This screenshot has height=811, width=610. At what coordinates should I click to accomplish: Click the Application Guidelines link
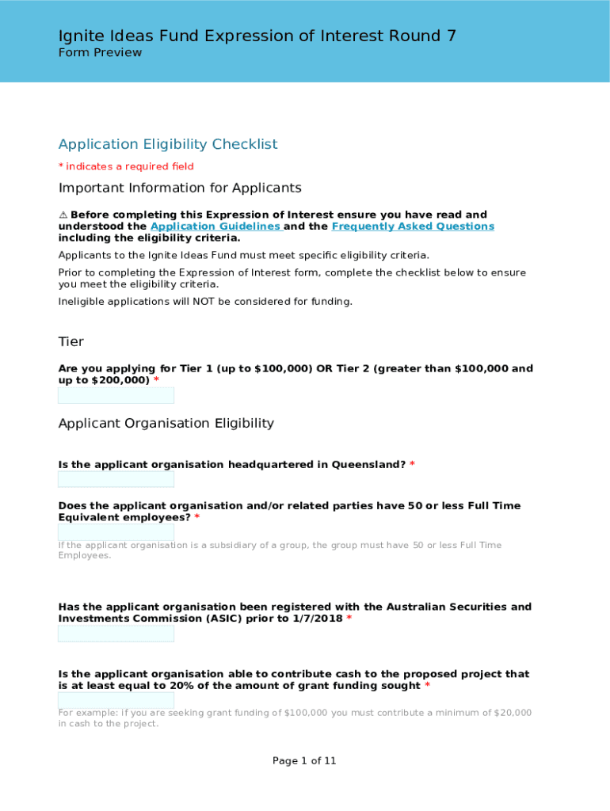coord(215,227)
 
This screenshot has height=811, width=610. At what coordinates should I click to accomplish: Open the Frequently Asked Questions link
coord(412,227)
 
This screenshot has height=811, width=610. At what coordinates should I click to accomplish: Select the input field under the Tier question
coord(116,396)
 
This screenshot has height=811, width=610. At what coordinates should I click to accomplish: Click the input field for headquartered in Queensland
coord(116,480)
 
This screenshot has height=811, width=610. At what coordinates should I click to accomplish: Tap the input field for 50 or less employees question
coord(116,532)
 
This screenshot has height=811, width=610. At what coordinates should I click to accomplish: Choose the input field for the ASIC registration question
coord(116,634)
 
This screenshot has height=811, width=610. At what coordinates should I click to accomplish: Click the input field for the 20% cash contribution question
coord(116,701)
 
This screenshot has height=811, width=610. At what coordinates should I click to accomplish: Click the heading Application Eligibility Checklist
coord(168,144)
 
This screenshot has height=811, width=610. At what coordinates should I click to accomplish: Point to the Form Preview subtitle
coord(100,53)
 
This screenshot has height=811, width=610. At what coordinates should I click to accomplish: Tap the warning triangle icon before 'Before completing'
coord(63,215)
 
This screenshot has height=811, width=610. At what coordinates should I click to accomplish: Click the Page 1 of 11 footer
coord(304,761)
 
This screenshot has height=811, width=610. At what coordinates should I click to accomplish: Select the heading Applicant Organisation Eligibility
coord(166,424)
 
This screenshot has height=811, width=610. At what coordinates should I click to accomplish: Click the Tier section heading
coord(71,342)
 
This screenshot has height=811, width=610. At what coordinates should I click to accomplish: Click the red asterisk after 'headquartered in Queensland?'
coord(412,465)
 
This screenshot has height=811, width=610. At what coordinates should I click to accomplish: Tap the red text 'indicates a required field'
coord(129,166)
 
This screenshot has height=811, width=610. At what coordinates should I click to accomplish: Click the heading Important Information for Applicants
coord(180,188)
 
